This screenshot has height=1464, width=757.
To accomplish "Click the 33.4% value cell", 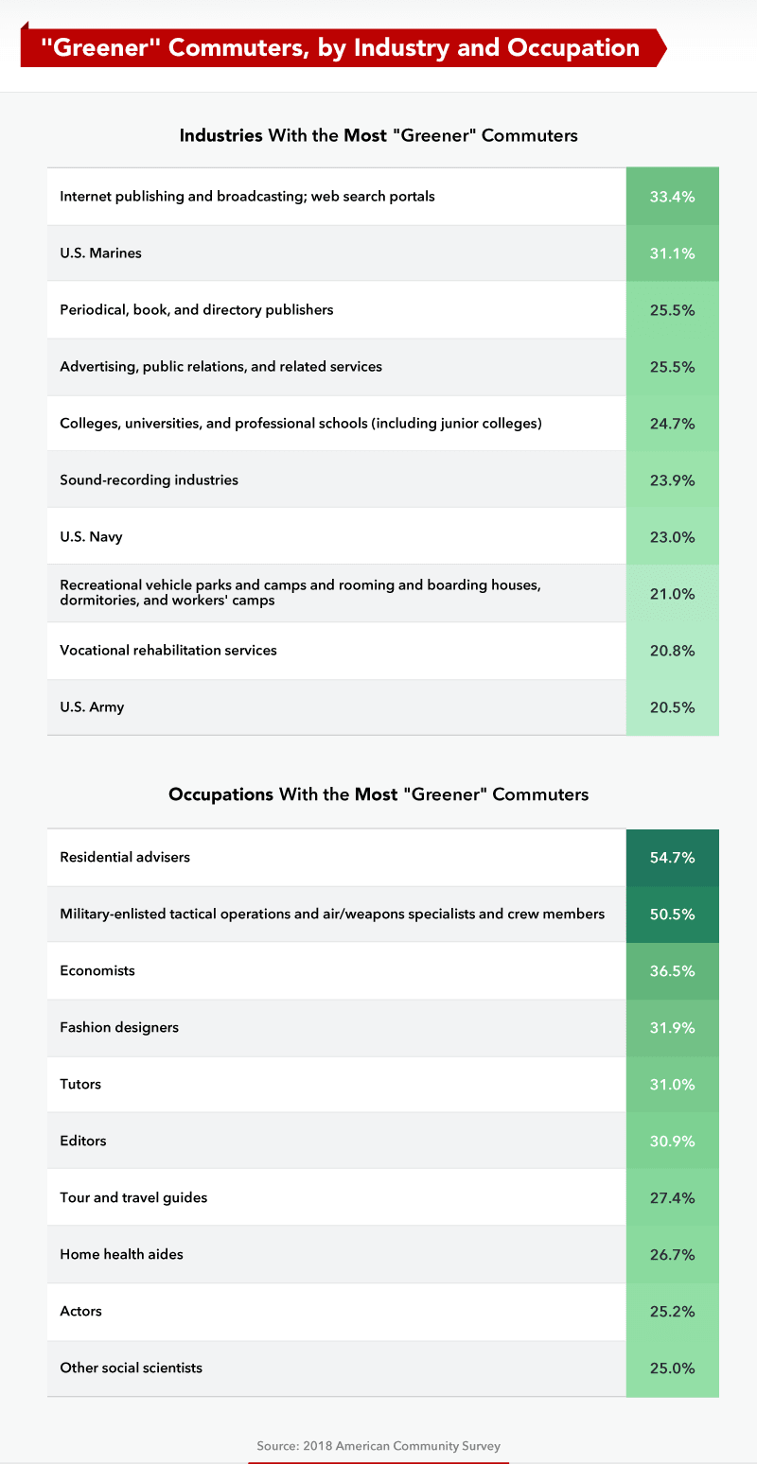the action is click(x=672, y=197).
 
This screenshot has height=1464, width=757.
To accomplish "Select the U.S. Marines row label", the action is click(x=100, y=253).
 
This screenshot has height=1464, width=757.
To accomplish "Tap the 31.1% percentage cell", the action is click(x=672, y=253).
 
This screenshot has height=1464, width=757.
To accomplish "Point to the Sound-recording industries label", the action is click(x=150, y=479).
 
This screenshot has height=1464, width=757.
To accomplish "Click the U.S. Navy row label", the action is click(x=91, y=536).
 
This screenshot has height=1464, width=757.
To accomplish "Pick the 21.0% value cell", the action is click(x=672, y=593).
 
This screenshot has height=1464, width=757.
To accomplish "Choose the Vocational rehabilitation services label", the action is click(x=168, y=651).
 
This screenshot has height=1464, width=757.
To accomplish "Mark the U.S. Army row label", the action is click(x=92, y=707).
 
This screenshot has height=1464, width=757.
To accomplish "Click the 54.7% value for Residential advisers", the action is click(x=672, y=858).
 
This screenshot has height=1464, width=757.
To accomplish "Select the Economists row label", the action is click(x=97, y=970).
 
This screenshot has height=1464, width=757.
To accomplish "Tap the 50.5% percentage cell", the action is click(x=672, y=915).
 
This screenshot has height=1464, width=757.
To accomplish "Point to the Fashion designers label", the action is click(x=119, y=1027).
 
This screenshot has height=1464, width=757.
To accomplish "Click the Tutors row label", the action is click(x=80, y=1084).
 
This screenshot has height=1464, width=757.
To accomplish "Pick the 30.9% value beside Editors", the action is click(x=672, y=1142).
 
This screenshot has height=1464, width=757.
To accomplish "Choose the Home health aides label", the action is click(x=121, y=1254).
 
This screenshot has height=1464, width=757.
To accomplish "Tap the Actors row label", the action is click(x=81, y=1311).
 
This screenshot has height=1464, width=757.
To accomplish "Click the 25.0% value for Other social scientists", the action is click(x=672, y=1368).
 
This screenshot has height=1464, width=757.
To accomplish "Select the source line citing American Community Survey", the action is click(x=378, y=1446).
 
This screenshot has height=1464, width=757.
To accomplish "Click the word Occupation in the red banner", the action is click(x=573, y=47).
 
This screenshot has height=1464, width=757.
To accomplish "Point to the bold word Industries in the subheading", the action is click(x=221, y=135).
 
